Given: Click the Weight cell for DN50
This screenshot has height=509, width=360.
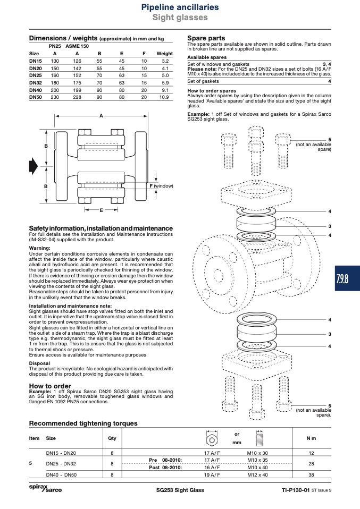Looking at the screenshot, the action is tap(164, 97).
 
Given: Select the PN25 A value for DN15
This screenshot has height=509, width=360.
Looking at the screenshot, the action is tap(55, 61).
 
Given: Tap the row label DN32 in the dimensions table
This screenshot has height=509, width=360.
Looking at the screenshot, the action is tap(36, 83).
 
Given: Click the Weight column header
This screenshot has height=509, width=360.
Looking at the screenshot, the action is tap(165, 54).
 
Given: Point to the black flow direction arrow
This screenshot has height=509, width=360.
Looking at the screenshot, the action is tap(34, 166).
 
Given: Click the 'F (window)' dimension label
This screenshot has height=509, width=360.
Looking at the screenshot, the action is tap(161, 186).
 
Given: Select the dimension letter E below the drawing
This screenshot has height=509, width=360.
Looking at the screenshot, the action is tap(102, 210).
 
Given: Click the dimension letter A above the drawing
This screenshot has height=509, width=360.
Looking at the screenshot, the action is tap(101, 116).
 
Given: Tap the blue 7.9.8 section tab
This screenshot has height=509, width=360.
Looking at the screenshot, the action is tap(347, 278).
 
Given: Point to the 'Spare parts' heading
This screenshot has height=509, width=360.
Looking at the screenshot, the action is tap(206, 38).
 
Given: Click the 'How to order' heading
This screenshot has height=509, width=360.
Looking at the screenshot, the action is tap(50, 386).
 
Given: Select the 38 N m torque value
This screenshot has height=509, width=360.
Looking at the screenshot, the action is tap(311, 474).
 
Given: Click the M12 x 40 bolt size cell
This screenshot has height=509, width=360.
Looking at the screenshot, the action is tap(257, 474).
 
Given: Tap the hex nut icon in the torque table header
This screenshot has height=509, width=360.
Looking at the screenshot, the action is tap(212, 438).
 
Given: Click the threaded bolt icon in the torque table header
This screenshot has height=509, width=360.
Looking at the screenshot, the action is tap(259, 438).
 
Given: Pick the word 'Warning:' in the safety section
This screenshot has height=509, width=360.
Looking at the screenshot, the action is tap(40, 248).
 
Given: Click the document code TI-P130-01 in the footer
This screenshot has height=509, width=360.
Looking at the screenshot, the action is tap(295, 490).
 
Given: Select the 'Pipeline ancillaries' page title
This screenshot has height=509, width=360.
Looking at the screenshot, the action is tap(180, 7).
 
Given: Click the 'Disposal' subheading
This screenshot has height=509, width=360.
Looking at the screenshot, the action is tap(40, 363).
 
